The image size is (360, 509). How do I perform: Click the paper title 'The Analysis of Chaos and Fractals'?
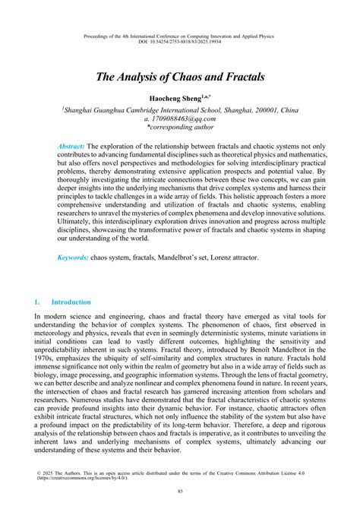(x=179, y=77)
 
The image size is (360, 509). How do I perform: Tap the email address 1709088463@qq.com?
(x=180, y=119)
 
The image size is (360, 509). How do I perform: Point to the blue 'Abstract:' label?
(x=72, y=145)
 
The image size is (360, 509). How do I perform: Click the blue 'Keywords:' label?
(x=74, y=258)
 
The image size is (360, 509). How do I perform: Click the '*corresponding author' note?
(x=180, y=128)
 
